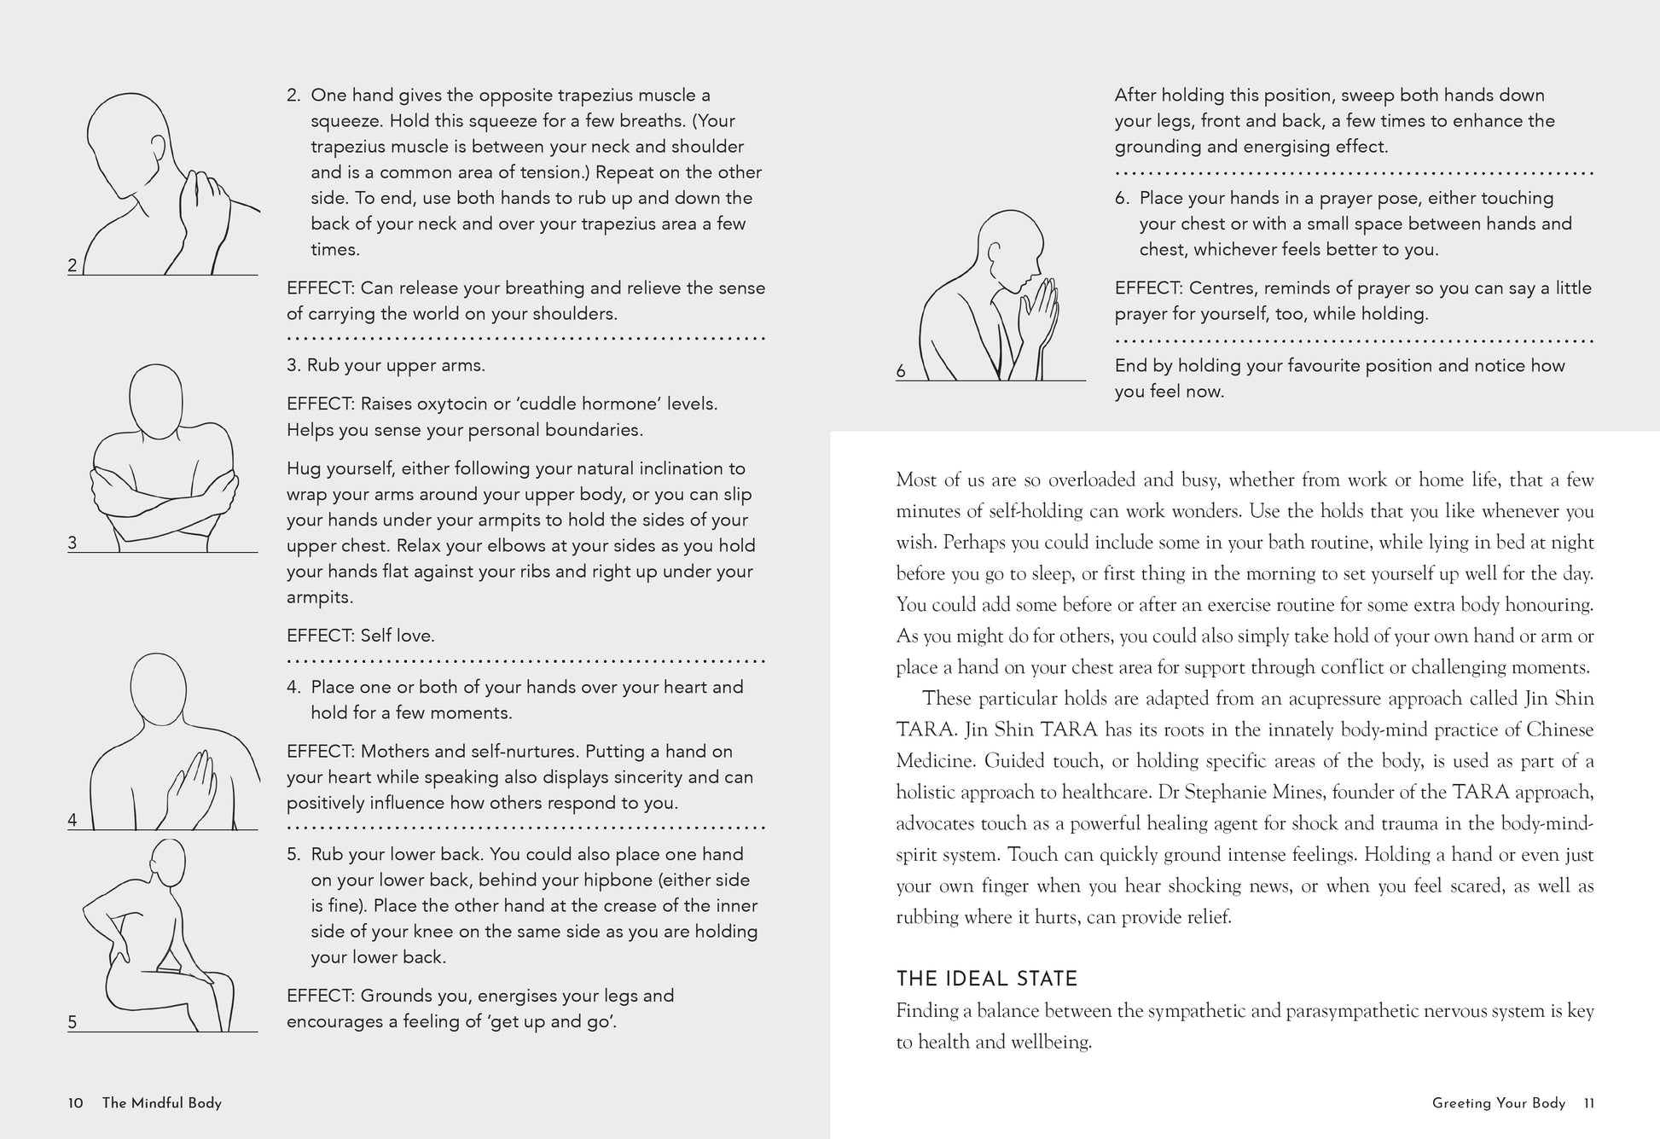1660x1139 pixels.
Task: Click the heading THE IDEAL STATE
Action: pyautogui.click(x=986, y=979)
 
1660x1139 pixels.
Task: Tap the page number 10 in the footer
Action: pyautogui.click(x=76, y=1103)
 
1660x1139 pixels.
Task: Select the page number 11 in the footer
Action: pyautogui.click(x=1588, y=1103)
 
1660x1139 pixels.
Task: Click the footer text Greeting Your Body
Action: pyautogui.click(x=1498, y=1103)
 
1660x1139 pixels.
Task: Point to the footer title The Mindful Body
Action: pyautogui.click(x=161, y=1103)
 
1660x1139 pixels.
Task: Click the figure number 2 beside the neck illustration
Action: pyautogui.click(x=73, y=265)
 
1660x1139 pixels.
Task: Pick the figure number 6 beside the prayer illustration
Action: pyautogui.click(x=901, y=371)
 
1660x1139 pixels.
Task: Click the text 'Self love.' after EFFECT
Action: pyautogui.click(x=398, y=636)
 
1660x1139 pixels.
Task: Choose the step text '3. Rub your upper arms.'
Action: pyautogui.click(x=386, y=365)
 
